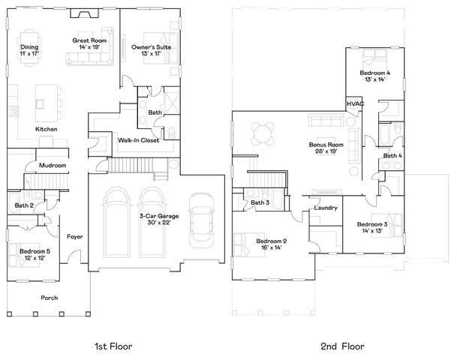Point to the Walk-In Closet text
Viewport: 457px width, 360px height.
pyautogui.click(x=139, y=139)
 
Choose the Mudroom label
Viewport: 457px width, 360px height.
pyautogui.click(x=53, y=165)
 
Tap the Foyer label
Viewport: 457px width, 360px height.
pyautogui.click(x=74, y=236)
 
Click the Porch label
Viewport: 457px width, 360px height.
pyautogui.click(x=49, y=298)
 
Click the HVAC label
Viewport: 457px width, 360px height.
pyautogui.click(x=353, y=103)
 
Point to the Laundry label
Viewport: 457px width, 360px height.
pyautogui.click(x=326, y=208)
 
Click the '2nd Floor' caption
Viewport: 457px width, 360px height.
pyautogui.click(x=343, y=346)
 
